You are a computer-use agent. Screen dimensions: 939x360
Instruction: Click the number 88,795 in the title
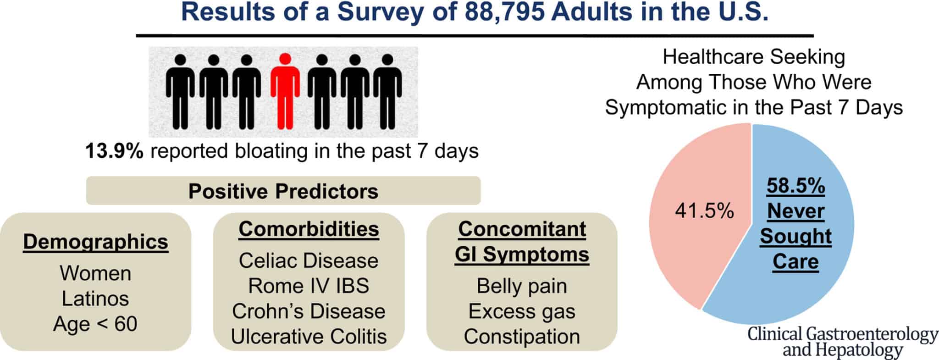pyautogui.click(x=505, y=12)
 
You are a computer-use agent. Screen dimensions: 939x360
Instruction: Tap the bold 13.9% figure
pyautogui.click(x=114, y=151)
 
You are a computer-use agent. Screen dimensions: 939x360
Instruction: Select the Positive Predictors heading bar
pyautogui.click(x=283, y=190)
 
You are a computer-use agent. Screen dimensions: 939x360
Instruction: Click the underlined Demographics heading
pyautogui.click(x=95, y=242)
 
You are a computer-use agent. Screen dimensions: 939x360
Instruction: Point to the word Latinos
pyautogui.click(x=95, y=299)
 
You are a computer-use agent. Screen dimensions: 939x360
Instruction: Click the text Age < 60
pyautogui.click(x=95, y=324)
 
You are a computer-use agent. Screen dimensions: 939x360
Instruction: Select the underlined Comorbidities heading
pyautogui.click(x=309, y=229)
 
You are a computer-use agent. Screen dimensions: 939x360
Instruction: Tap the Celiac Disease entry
pyautogui.click(x=309, y=260)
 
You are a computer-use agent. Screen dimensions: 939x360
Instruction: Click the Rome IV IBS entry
pyautogui.click(x=309, y=286)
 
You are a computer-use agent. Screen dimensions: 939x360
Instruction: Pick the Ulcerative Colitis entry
pyautogui.click(x=309, y=336)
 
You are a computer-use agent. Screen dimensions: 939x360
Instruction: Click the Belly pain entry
pyautogui.click(x=522, y=286)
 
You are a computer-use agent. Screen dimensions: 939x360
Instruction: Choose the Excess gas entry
pyautogui.click(x=522, y=311)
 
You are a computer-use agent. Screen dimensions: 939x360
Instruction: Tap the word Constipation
pyautogui.click(x=522, y=337)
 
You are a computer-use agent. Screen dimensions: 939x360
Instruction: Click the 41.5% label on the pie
pyautogui.click(x=704, y=211)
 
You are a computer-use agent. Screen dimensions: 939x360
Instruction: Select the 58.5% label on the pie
pyautogui.click(x=795, y=186)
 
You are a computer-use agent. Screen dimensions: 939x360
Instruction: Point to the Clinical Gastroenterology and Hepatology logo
pyautogui.click(x=843, y=342)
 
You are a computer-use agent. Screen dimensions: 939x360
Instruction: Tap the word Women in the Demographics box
pyautogui.click(x=95, y=273)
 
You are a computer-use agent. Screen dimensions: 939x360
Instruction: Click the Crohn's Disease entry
pyautogui.click(x=309, y=311)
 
